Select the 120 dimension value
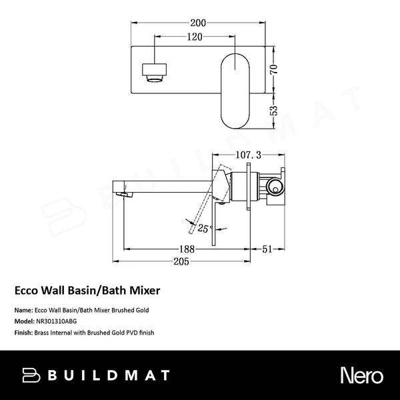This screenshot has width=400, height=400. point(194,38)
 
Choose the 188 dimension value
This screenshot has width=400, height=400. point(189,249)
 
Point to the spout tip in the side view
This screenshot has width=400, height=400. point(121,193)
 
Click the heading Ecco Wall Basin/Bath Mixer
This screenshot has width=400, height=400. point(87,291)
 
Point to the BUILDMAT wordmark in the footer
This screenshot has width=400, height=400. point(107,375)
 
